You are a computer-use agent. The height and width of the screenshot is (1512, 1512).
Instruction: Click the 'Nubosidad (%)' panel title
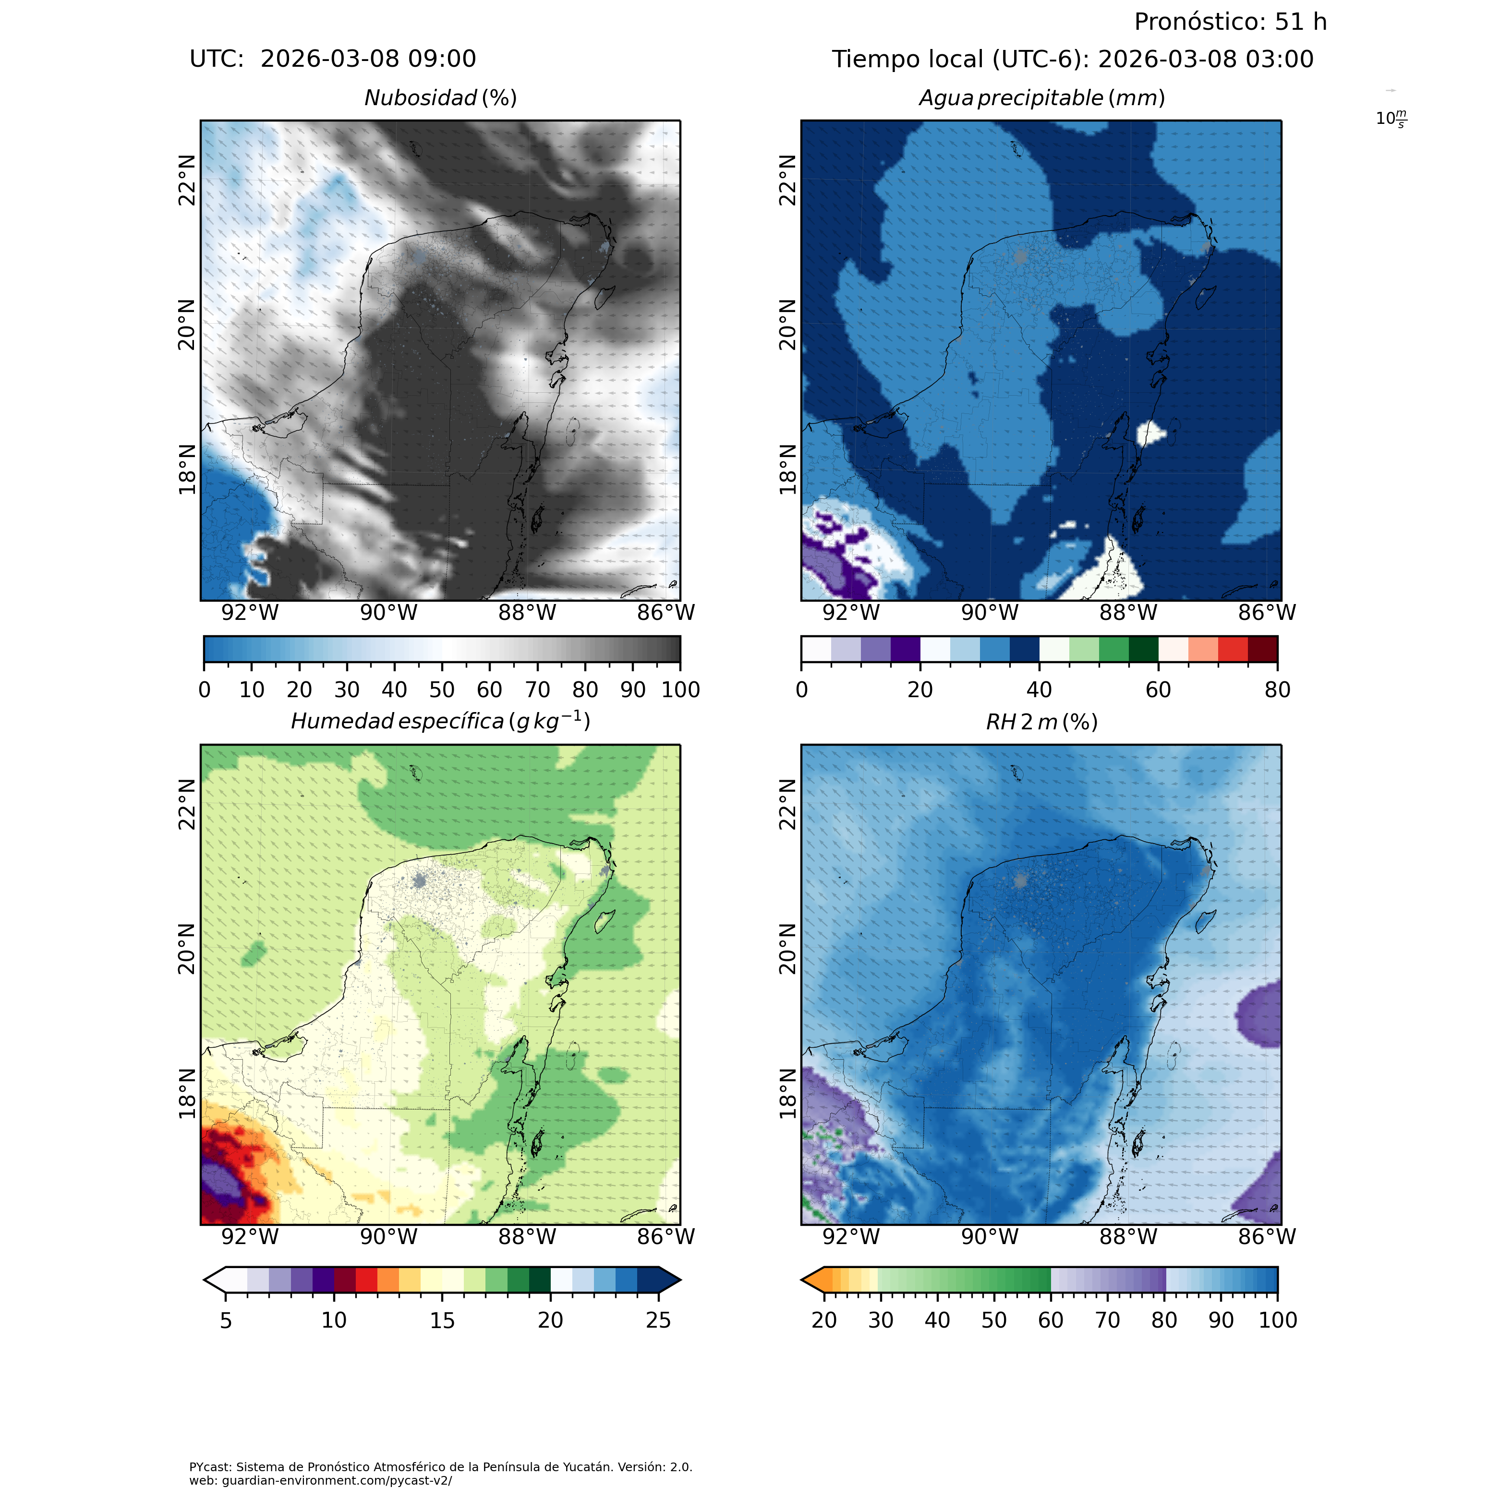(x=441, y=98)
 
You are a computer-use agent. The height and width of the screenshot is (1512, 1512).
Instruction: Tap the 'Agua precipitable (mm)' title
(x=1041, y=98)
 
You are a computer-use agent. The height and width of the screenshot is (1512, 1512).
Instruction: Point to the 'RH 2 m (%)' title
(x=1041, y=722)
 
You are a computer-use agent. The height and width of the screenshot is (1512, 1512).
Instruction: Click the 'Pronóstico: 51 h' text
(x=1230, y=22)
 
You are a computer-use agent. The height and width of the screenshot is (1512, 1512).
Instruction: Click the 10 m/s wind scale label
(x=1391, y=119)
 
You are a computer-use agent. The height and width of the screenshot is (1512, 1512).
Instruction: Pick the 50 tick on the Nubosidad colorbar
(x=442, y=689)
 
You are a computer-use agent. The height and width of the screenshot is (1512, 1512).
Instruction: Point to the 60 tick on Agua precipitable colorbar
(x=1158, y=689)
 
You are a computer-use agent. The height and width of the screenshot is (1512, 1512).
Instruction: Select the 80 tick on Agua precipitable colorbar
(x=1277, y=689)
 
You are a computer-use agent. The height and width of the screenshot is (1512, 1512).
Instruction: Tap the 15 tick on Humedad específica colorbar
(x=442, y=1320)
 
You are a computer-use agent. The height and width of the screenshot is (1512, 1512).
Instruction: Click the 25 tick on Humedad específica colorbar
(x=659, y=1320)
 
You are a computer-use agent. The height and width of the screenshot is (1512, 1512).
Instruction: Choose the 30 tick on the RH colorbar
(x=881, y=1320)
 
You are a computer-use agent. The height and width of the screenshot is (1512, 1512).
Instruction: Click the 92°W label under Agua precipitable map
(x=851, y=613)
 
